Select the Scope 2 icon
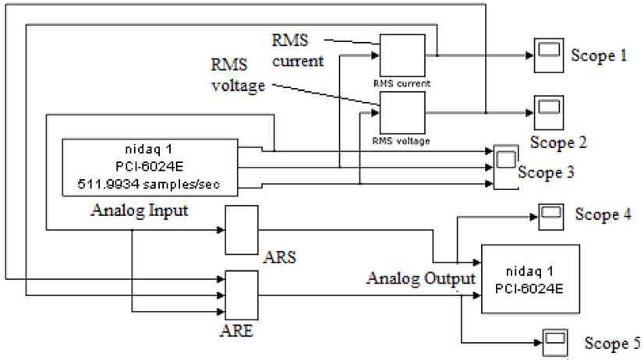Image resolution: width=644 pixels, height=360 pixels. coord(549,112)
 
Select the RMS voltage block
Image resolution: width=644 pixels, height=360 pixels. coord(402,112)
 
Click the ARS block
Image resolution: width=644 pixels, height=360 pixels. coord(241,231)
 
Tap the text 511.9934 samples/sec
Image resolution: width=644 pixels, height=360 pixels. coord(148,185)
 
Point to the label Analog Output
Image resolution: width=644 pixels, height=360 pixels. coord(422,279)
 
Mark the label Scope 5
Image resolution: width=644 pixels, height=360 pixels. coord(614,344)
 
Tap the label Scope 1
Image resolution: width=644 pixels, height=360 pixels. coord(599,55)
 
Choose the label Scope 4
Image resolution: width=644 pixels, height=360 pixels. coord(603,215)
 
